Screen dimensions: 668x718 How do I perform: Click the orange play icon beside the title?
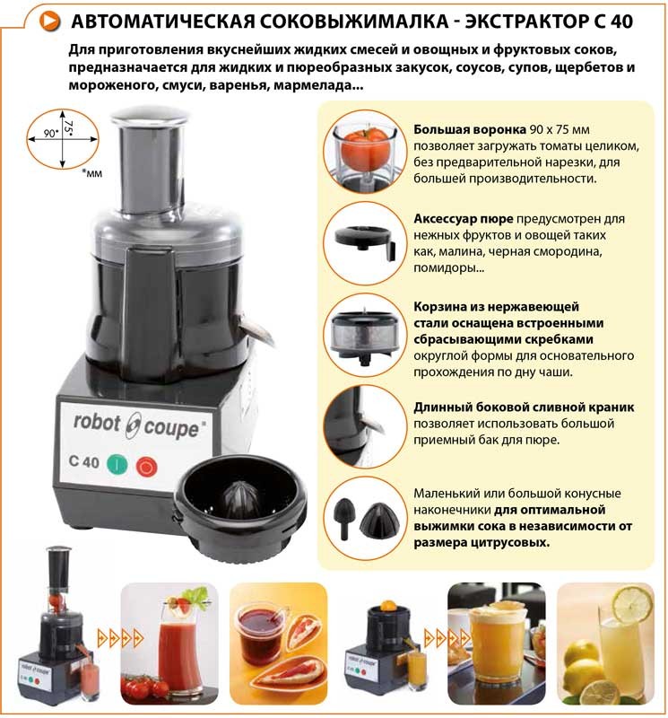click(x=50, y=21)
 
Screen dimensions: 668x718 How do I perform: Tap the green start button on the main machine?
click(x=117, y=464)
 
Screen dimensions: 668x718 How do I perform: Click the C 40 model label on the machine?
click(x=83, y=461)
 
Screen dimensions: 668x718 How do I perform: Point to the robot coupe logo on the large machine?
click(x=136, y=425)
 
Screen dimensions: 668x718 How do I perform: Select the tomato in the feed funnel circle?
click(x=366, y=146)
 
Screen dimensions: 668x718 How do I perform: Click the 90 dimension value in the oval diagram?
click(x=50, y=133)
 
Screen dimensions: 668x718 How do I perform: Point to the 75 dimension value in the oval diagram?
click(x=69, y=127)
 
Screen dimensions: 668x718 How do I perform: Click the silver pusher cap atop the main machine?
click(x=150, y=117)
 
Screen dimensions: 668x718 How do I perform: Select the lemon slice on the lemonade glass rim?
click(x=632, y=604)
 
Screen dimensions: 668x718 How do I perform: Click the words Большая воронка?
click(x=470, y=129)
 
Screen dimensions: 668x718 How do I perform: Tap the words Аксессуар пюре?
click(x=463, y=219)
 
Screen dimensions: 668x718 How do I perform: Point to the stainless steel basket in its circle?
click(x=365, y=333)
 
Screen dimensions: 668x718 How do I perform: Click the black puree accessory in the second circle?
click(x=364, y=240)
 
